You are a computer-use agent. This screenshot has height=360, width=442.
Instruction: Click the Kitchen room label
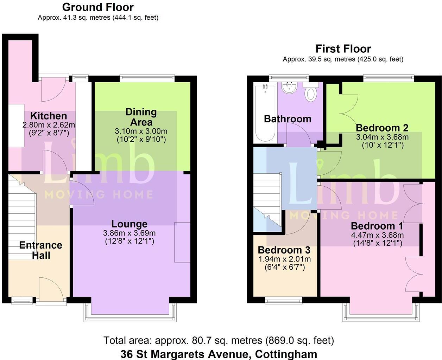tap(49, 116)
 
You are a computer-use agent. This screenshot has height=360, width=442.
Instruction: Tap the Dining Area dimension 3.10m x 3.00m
tap(141, 131)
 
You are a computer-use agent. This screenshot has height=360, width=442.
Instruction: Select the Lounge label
tap(129, 224)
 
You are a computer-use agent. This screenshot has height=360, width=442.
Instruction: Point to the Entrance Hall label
tap(41, 250)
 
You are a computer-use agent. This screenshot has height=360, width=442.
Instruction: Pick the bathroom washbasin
tap(289, 88)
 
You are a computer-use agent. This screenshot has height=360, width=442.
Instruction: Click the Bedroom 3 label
tap(284, 250)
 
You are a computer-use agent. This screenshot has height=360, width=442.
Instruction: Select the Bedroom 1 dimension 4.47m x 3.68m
tap(377, 235)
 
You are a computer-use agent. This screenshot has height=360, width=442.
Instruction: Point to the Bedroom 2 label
tap(382, 128)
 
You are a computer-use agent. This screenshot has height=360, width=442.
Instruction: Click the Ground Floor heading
tap(98, 7)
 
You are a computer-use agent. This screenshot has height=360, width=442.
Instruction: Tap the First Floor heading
tap(343, 49)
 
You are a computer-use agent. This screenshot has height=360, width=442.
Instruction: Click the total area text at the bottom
tap(219, 341)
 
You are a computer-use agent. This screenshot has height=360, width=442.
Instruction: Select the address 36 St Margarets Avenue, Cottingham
tap(219, 354)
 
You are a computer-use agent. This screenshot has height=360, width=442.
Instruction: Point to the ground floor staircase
tap(22, 218)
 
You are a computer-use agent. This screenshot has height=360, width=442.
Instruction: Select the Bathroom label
tap(288, 119)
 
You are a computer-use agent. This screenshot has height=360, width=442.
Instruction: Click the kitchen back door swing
tap(53, 90)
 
